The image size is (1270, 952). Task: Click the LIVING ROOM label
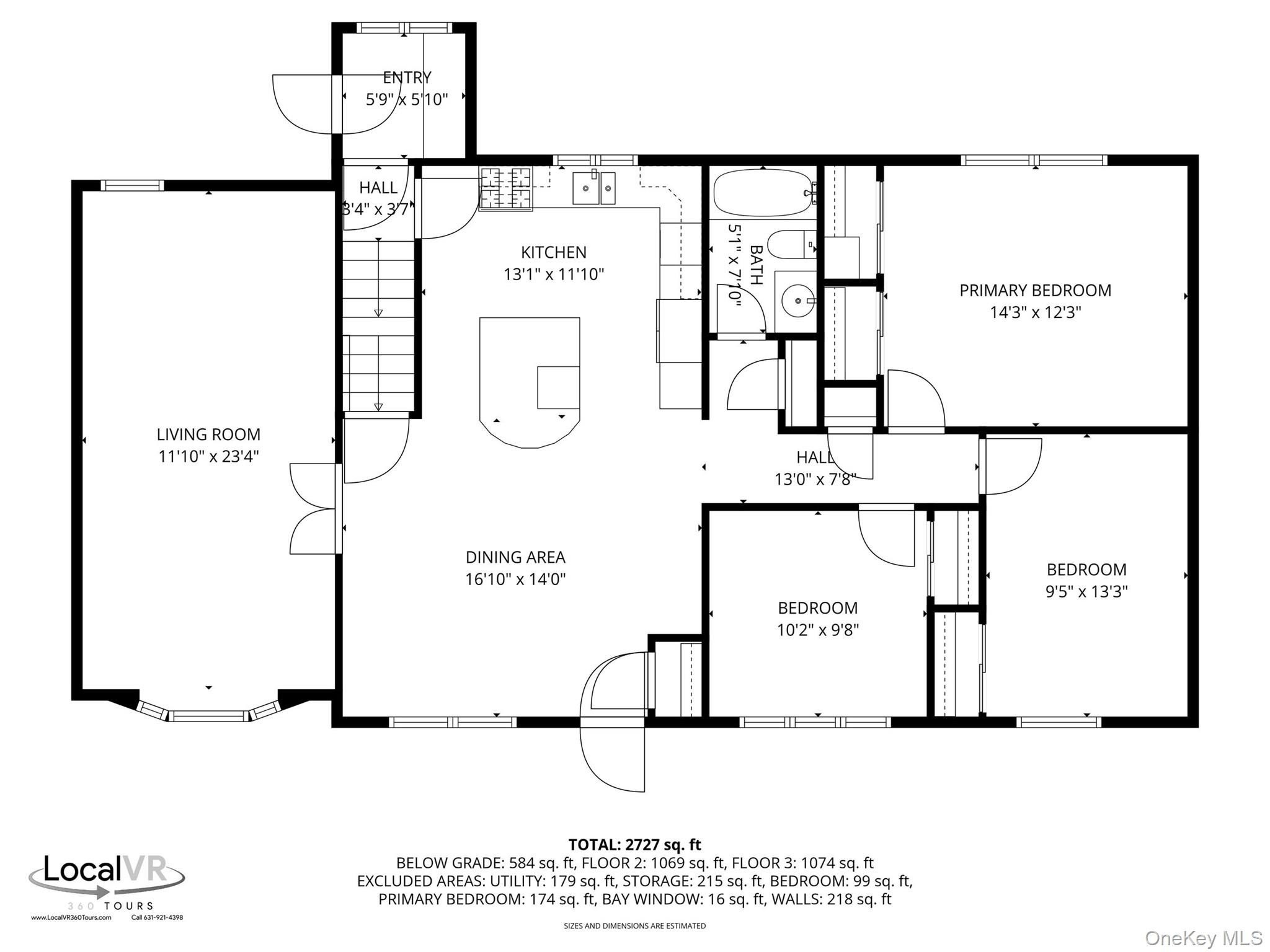pos(208,434)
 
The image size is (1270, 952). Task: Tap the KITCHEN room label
pos(554,252)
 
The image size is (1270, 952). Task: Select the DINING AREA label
pos(515,557)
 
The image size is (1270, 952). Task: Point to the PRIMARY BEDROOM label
pos(1035,290)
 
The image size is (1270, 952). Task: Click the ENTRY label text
pos(407,77)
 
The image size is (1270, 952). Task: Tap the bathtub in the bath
pos(764,193)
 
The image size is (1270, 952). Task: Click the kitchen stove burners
pos(506,189)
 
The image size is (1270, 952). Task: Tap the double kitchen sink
pos(593,188)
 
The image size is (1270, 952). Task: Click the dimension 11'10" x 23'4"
pos(208,457)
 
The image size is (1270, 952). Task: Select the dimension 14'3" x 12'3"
pos(1035,312)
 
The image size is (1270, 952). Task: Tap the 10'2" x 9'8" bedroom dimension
pos(818,630)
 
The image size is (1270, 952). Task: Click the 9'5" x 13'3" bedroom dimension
pos(1086,592)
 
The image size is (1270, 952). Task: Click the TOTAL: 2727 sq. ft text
pos(634,845)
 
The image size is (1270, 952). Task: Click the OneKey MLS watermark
pos(1203,938)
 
